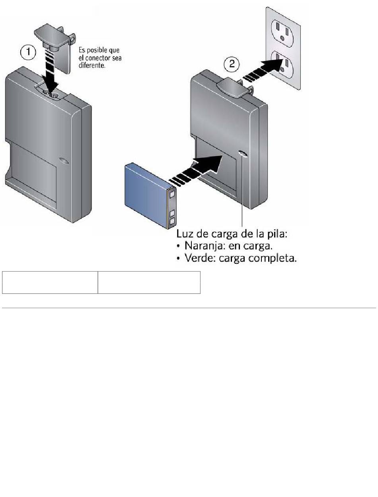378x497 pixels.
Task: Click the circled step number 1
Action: coord(28,52)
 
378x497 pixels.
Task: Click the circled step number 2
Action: coord(232,64)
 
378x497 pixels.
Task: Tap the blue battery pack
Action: coord(150,195)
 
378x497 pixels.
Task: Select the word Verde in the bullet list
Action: coord(199,258)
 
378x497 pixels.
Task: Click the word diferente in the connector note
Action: coord(92,66)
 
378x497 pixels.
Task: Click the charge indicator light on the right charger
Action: coord(242,154)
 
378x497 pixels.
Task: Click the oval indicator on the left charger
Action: coord(64,161)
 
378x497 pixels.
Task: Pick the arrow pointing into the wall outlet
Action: coord(263,70)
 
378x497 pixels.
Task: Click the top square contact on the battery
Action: coord(172,194)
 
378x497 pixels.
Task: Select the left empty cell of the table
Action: coord(50,282)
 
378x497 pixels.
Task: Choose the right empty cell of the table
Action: coord(149,282)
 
